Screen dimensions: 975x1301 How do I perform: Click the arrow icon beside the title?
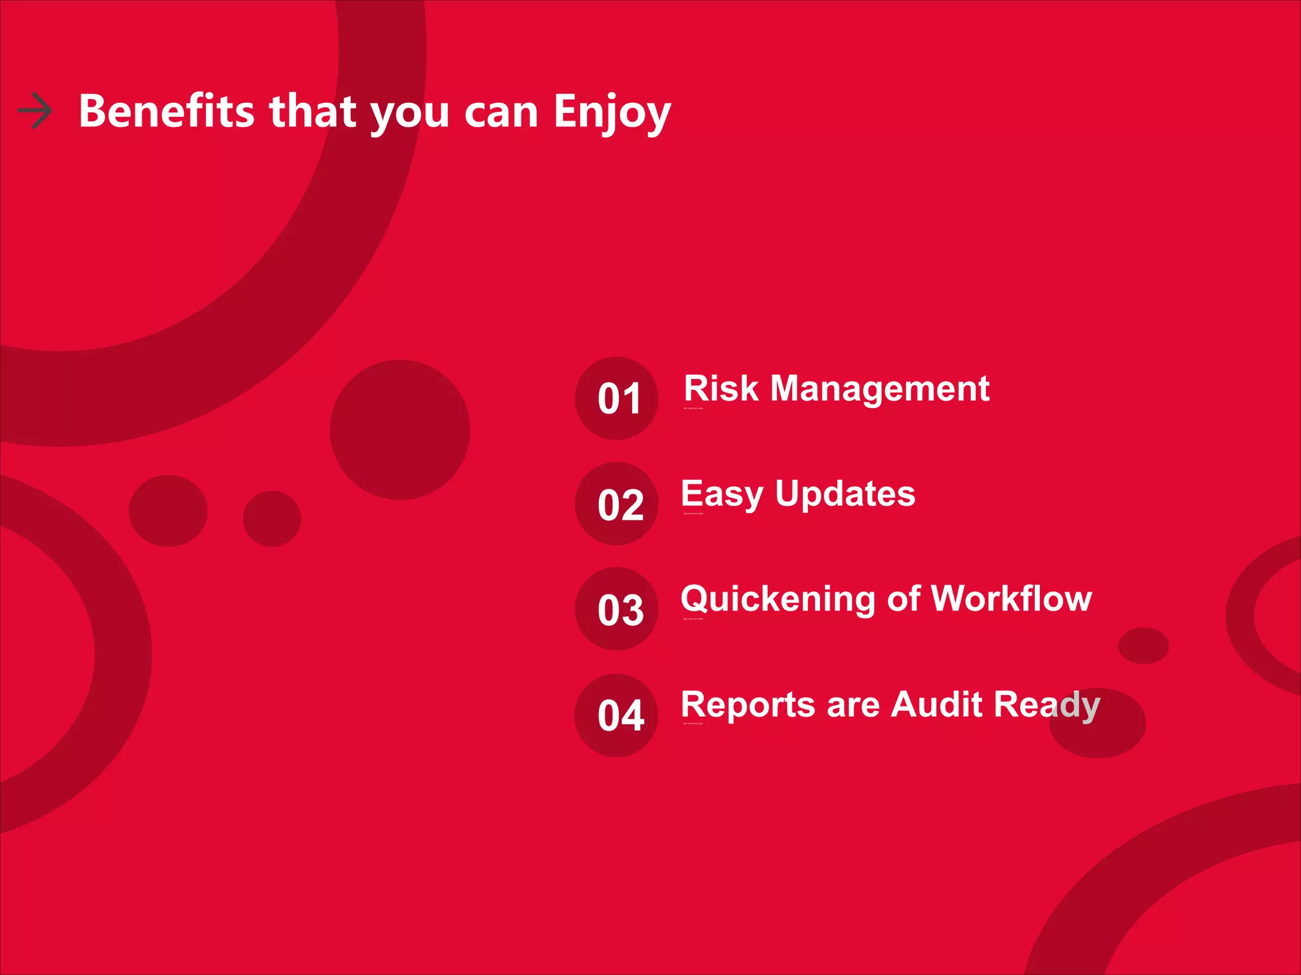pyautogui.click(x=35, y=111)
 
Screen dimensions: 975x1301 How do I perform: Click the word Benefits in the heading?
pyautogui.click(x=166, y=112)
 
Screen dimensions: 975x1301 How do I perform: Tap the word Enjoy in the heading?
pyautogui.click(x=612, y=113)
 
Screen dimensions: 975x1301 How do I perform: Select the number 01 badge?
pyautogui.click(x=617, y=399)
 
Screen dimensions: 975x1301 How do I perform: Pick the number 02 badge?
pyautogui.click(x=617, y=504)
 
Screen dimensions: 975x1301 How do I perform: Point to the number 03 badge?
pyautogui.click(x=617, y=609)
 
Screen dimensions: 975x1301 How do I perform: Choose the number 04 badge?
pyautogui.click(x=617, y=715)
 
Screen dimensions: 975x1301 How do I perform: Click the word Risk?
pyautogui.click(x=721, y=388)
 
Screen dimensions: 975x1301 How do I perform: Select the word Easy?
pyautogui.click(x=722, y=495)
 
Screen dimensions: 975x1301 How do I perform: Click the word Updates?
pyautogui.click(x=845, y=495)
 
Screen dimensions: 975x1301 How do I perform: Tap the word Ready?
pyautogui.click(x=1047, y=705)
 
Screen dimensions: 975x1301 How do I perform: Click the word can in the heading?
pyautogui.click(x=501, y=113)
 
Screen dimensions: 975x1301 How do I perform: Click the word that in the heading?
pyautogui.click(x=313, y=112)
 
